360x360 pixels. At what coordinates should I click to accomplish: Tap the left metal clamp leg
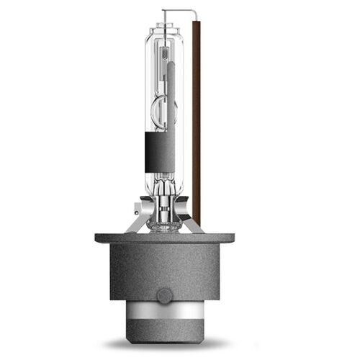[137, 219]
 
